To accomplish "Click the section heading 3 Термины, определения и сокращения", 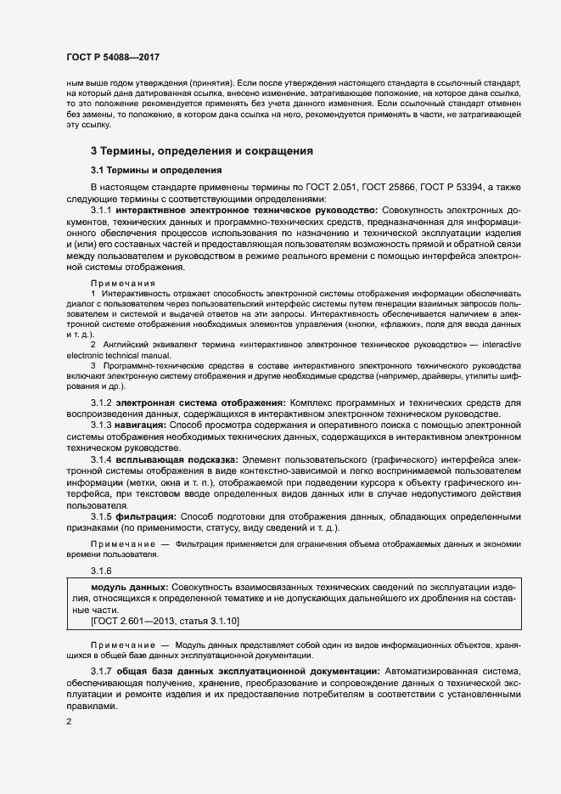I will (x=202, y=150).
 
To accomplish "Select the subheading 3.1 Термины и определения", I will (x=154, y=170).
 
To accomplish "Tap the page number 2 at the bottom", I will (x=68, y=722).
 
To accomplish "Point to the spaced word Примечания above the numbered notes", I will (x=123, y=283).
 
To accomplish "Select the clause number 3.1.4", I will (x=101, y=459).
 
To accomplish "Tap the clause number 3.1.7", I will (x=101, y=673).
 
